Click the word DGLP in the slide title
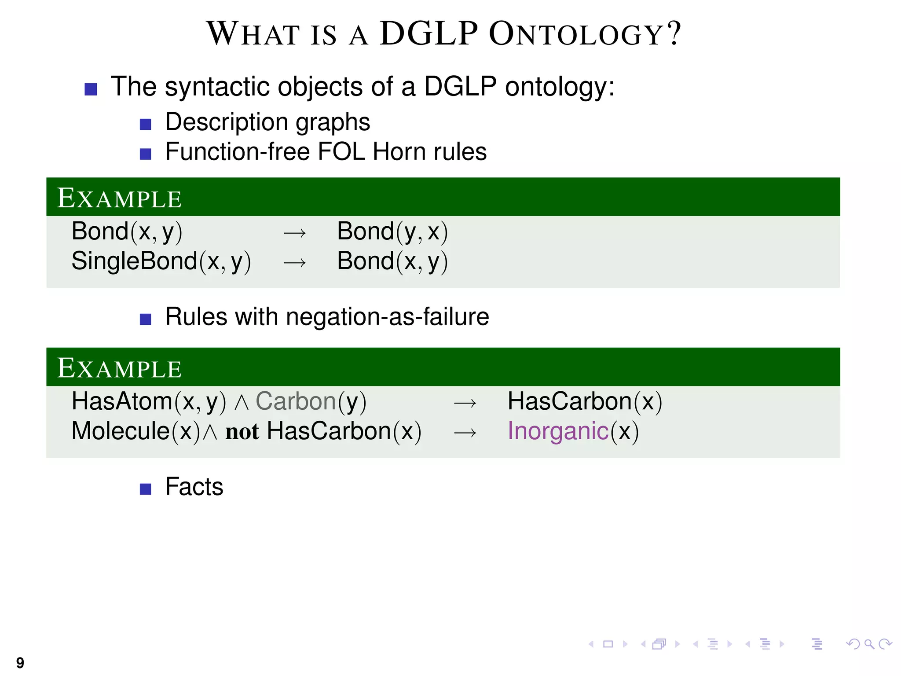pyautogui.click(x=429, y=34)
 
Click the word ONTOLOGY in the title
pyautogui.click(x=576, y=34)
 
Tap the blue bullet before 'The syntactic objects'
pyautogui.click(x=91, y=89)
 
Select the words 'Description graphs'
pyautogui.click(x=267, y=122)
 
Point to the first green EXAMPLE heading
pyautogui.click(x=119, y=198)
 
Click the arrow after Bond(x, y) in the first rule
pyautogui.click(x=294, y=233)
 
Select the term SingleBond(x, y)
pyautogui.click(x=161, y=261)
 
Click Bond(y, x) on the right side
pyautogui.click(x=392, y=231)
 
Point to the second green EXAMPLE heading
pyautogui.click(x=119, y=368)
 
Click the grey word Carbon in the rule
pyautogui.click(x=296, y=401)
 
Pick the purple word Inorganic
pyautogui.click(x=558, y=431)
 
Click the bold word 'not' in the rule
pyautogui.click(x=242, y=432)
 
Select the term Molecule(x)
pyautogui.click(x=136, y=431)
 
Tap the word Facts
pyautogui.click(x=194, y=487)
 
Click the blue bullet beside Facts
pyautogui.click(x=145, y=489)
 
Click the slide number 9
pyautogui.click(x=20, y=662)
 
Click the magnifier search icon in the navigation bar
pyautogui.click(x=869, y=644)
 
